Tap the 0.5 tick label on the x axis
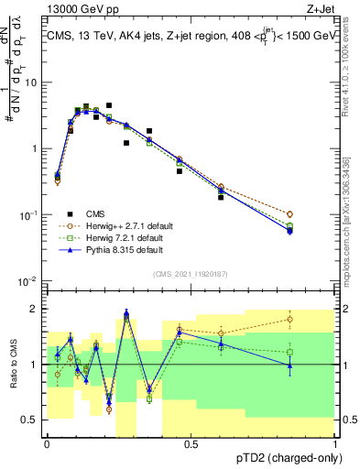tap(191, 443)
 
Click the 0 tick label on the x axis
tap(46, 443)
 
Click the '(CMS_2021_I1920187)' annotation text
tap(190, 273)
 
